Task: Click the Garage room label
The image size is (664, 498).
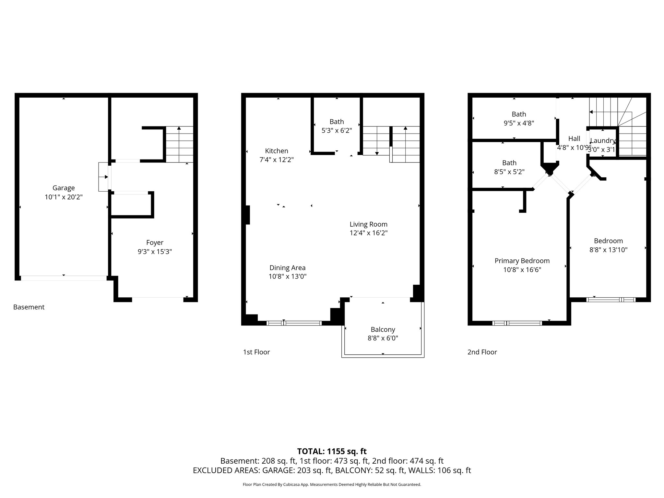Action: coord(64,188)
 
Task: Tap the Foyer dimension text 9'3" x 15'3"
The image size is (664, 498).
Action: coord(155,252)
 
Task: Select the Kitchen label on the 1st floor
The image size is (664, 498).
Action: coord(277,151)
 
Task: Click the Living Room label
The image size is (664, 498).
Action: coord(368,224)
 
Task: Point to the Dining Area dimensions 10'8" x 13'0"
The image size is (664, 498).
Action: coord(287,277)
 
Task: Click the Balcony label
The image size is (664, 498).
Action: coord(383,330)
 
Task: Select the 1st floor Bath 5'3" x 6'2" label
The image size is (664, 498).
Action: coord(337,122)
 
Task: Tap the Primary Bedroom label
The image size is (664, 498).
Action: coord(522,261)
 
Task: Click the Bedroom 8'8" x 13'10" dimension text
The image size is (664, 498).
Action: coord(608,250)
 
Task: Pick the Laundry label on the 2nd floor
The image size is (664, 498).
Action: coord(602,141)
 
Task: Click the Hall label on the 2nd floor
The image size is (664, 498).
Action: coord(574,139)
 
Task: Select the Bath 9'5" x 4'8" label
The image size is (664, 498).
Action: coord(519,114)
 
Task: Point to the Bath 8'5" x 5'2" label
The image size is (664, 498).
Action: coord(509,163)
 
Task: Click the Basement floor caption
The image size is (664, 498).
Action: coord(29,307)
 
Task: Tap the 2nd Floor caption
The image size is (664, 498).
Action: coord(482,352)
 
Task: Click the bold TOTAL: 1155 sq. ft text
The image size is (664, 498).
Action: coord(332,451)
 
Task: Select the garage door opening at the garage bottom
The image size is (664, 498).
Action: coord(64,278)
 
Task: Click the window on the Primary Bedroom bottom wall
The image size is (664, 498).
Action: coord(517,323)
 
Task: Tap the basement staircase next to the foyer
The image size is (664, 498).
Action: coord(179,145)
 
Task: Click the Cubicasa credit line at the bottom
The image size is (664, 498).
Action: coord(332,485)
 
